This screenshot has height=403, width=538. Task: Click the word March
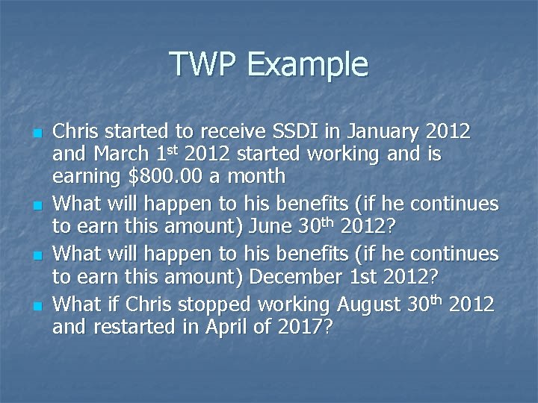pyautogui.click(x=117, y=155)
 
